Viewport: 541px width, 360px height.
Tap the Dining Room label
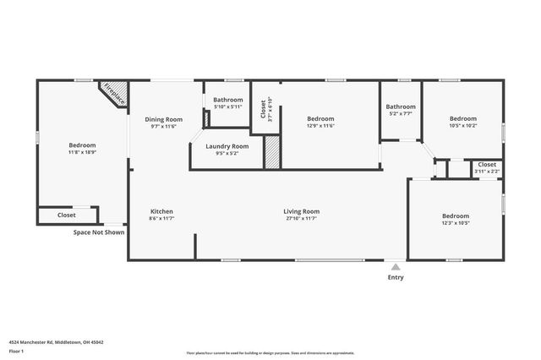click(x=163, y=119)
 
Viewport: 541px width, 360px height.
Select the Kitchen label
click(x=161, y=211)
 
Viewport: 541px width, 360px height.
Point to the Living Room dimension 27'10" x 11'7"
click(x=301, y=219)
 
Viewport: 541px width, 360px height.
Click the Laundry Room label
click(x=227, y=146)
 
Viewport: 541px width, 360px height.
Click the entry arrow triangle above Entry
click(x=396, y=266)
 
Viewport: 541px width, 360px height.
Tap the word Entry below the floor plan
click(x=396, y=277)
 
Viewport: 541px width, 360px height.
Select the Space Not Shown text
click(x=99, y=232)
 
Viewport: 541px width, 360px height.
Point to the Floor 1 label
click(x=15, y=350)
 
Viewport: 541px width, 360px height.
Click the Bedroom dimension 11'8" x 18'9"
click(x=82, y=153)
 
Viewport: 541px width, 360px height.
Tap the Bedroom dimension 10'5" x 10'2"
click(x=462, y=126)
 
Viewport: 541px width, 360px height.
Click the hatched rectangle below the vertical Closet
click(x=272, y=154)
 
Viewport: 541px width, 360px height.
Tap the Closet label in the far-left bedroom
click(x=66, y=215)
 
